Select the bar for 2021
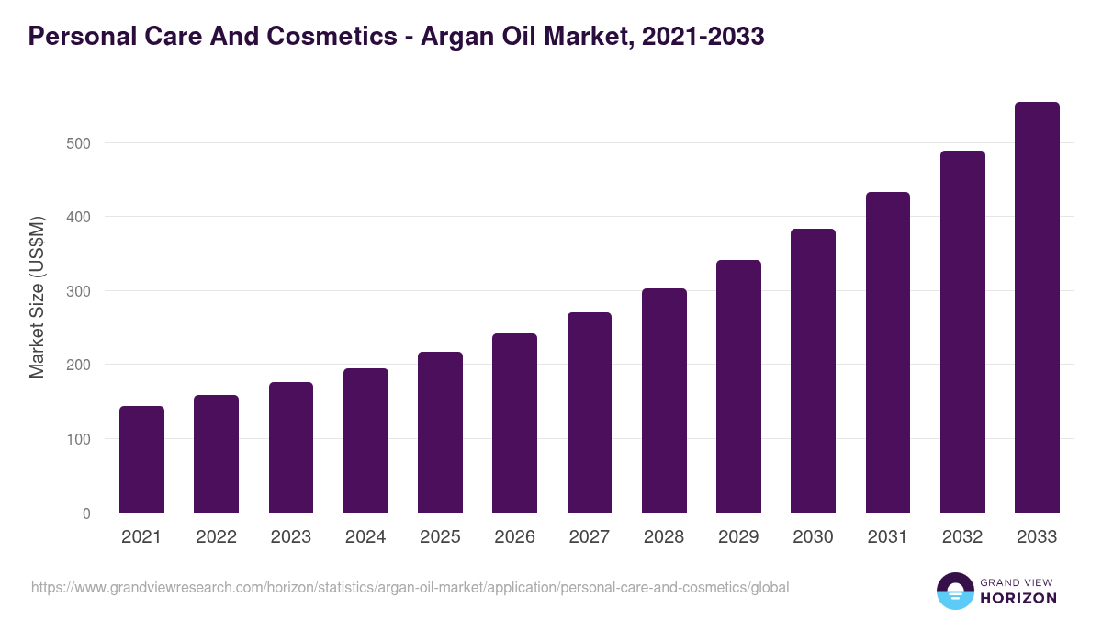click(141, 459)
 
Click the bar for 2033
click(1037, 308)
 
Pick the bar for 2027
click(590, 412)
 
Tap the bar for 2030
click(813, 371)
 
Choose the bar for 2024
click(365, 441)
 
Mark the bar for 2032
click(962, 332)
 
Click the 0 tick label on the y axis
click(86, 513)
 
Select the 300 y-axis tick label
click(79, 291)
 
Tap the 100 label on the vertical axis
click(79, 439)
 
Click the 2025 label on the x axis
click(440, 537)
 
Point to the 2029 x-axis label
click(738, 537)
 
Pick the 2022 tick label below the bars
click(216, 537)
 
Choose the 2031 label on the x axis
click(888, 537)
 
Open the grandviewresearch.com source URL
click(410, 587)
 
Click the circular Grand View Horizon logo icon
click(954, 591)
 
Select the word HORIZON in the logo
click(1018, 598)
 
